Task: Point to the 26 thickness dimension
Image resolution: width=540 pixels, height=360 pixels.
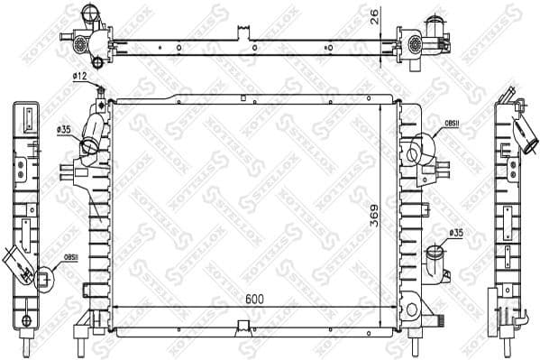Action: click(374, 15)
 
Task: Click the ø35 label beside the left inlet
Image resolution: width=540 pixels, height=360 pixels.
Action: click(64, 131)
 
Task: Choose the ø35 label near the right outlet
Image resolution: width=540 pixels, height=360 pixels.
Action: click(455, 233)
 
